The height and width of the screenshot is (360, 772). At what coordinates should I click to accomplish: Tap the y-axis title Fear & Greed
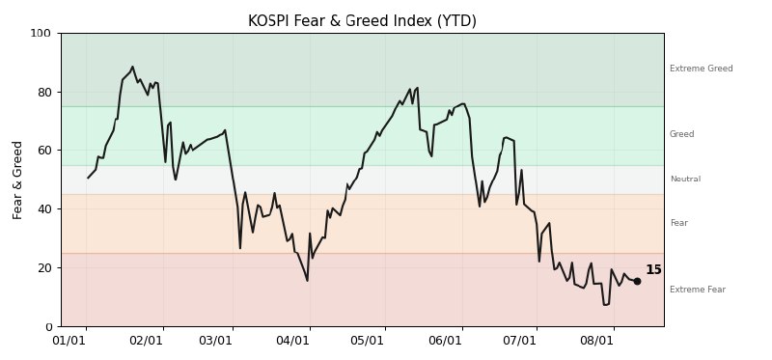tap(17, 180)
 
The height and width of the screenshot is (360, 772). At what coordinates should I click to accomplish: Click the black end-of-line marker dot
tap(637, 281)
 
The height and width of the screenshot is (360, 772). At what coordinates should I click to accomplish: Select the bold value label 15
tap(653, 270)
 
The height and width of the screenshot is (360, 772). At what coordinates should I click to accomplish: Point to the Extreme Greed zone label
tap(702, 69)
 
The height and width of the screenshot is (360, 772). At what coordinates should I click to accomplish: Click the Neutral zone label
tap(685, 179)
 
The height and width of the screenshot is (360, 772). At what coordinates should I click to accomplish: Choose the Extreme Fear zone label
tap(698, 290)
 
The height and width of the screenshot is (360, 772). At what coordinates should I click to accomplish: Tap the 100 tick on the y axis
tap(41, 34)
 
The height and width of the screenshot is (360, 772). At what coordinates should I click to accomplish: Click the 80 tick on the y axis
tap(43, 92)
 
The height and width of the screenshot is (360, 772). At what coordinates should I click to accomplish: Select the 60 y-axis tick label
tap(43, 151)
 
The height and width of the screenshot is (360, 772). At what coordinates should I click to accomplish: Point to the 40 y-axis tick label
tap(43, 209)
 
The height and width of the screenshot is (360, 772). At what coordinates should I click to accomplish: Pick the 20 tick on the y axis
tap(43, 268)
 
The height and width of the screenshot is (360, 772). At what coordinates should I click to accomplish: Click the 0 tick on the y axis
tap(47, 326)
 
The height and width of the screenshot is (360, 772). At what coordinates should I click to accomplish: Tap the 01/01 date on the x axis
tap(69, 341)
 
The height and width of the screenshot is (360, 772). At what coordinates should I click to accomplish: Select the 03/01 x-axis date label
tap(215, 341)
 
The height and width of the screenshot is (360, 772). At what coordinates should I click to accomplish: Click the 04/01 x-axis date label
tap(292, 341)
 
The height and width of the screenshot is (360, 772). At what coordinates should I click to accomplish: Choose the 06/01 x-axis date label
tap(445, 341)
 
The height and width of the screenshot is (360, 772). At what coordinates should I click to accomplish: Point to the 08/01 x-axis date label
tap(596, 341)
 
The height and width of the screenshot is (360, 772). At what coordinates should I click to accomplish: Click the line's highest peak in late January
tap(132, 67)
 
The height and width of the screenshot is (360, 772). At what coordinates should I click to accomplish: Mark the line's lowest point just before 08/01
tap(605, 305)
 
